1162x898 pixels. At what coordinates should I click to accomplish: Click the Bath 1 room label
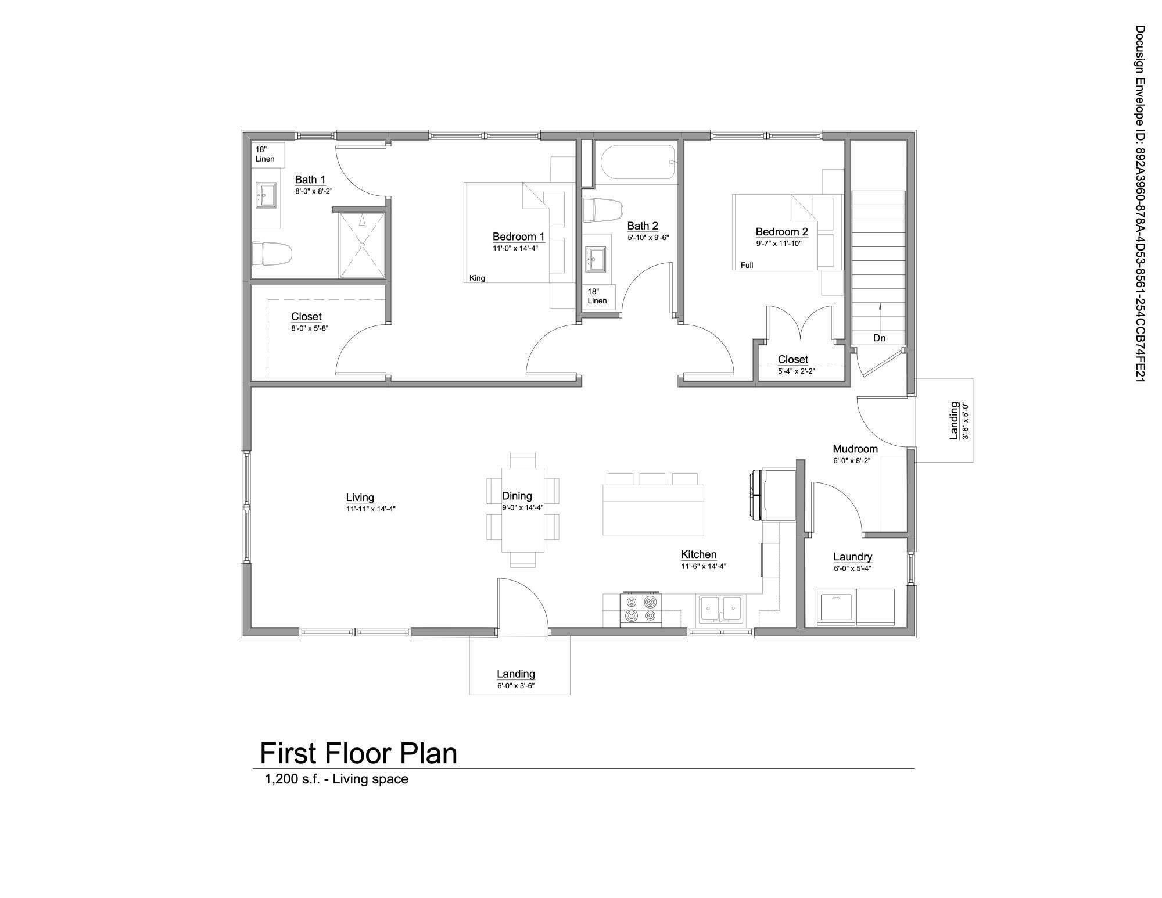[310, 180]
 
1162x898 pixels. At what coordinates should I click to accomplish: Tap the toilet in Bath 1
[271, 254]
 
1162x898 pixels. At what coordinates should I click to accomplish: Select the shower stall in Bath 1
[362, 245]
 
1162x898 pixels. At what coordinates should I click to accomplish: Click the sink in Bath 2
[596, 259]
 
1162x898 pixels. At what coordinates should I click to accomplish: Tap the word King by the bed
[477, 278]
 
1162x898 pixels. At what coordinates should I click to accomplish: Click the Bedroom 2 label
[781, 232]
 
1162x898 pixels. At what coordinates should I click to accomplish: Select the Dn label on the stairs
[879, 338]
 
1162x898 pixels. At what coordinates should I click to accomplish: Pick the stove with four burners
[641, 609]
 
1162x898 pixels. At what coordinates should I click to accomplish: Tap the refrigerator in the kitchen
[773, 495]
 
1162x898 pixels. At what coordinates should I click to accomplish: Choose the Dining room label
[517, 496]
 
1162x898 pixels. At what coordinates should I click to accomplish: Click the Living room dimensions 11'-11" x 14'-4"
[371, 509]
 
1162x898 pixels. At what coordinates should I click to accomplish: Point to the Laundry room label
[852, 557]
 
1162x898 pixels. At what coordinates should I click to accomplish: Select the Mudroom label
[855, 449]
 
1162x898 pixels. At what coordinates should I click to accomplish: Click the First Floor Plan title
[358, 753]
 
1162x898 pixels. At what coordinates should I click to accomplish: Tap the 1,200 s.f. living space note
[336, 779]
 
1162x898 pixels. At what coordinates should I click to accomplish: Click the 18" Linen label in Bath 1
[265, 154]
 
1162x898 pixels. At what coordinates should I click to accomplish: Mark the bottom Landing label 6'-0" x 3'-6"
[515, 685]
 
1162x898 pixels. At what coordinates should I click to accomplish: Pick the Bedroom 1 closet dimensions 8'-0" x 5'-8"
[310, 328]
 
